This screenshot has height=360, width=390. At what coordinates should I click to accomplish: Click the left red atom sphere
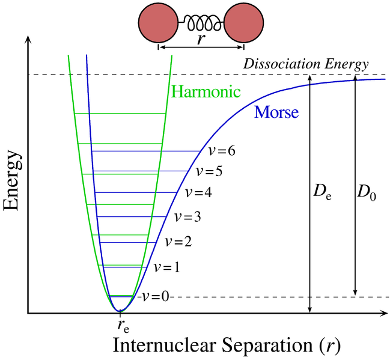tap(159, 23)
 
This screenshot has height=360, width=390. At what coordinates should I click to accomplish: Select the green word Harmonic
tap(206, 92)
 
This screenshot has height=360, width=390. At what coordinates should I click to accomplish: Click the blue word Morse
tap(276, 111)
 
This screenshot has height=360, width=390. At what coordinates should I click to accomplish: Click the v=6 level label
tap(218, 150)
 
